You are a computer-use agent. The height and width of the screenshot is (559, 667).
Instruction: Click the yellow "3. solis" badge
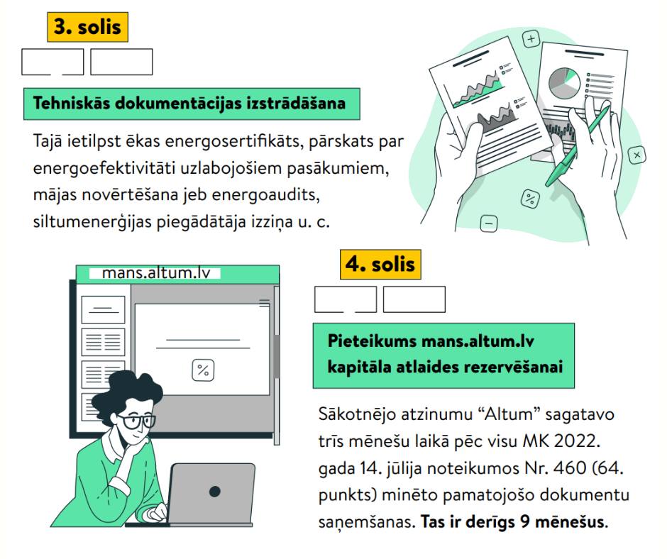(x=87, y=27)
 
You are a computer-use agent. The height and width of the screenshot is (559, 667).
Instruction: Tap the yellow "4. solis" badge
(x=380, y=265)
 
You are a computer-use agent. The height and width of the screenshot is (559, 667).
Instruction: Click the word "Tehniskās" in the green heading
(x=72, y=104)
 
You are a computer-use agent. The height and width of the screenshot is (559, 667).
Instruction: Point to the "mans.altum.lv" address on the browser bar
(x=157, y=272)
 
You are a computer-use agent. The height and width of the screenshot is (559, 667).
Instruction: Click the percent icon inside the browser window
(x=203, y=370)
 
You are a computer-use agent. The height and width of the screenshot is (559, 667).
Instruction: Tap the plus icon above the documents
(x=531, y=40)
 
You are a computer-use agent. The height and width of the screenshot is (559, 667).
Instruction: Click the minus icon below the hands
(x=489, y=223)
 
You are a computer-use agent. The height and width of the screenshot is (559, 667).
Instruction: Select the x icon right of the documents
(x=636, y=155)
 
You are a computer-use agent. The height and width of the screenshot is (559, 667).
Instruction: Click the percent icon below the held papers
(x=530, y=198)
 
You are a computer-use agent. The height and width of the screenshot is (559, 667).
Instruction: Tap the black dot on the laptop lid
(x=215, y=492)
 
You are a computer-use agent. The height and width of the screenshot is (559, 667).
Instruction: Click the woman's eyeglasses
(x=136, y=421)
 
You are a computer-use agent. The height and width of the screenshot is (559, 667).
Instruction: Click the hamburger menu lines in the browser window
(x=264, y=303)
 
